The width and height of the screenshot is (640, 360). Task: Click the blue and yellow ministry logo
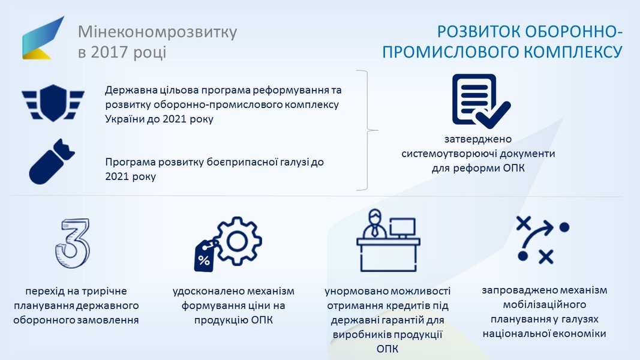pyautogui.click(x=43, y=38)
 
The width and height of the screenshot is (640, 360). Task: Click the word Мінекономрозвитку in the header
pyautogui.click(x=158, y=32)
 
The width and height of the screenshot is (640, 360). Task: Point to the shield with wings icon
pyautogui.click(x=53, y=103)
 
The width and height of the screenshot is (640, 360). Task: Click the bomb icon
pyautogui.click(x=52, y=161)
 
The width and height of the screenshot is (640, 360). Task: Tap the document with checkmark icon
pyautogui.click(x=481, y=101)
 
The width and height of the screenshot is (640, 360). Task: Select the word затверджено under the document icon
pyautogui.click(x=478, y=139)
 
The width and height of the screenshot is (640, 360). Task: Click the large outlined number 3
pyautogui.click(x=73, y=243)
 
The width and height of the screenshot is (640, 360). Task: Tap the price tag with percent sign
pyautogui.click(x=205, y=256)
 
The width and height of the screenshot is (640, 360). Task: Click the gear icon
pyautogui.click(x=238, y=241)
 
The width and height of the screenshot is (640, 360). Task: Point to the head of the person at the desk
pyautogui.click(x=374, y=217)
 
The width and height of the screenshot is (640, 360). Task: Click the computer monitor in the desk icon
pyautogui.click(x=402, y=228)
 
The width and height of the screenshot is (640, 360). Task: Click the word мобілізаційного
pyautogui.click(x=545, y=304)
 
